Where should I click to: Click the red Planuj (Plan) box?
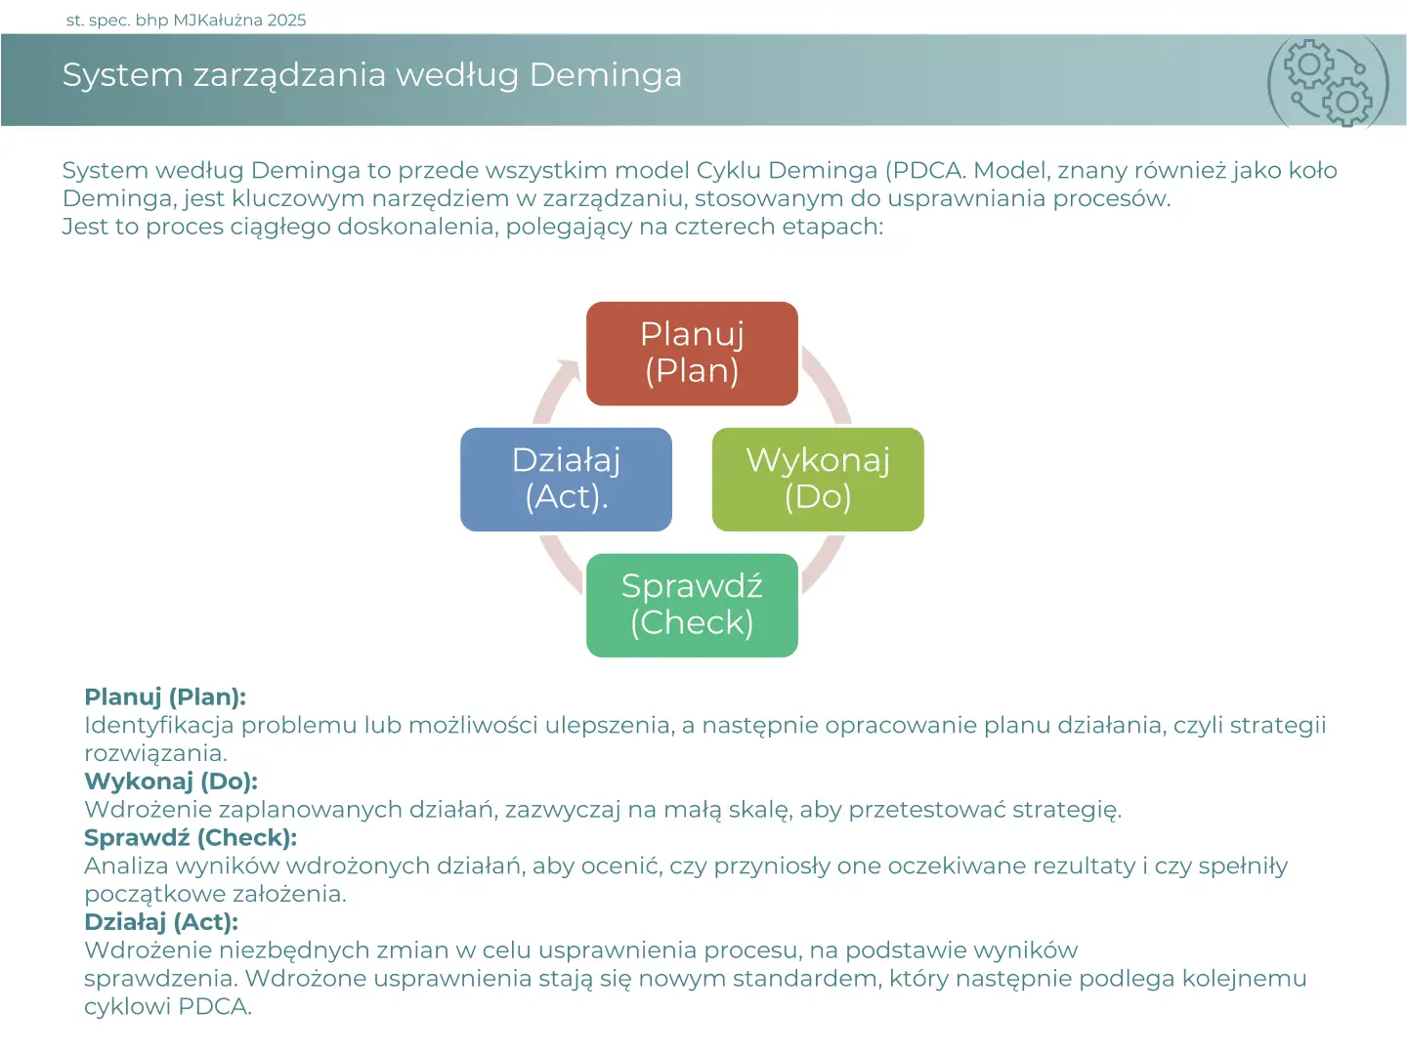click(692, 354)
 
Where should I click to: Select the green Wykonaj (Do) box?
click(818, 480)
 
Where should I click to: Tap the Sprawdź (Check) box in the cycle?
click(692, 606)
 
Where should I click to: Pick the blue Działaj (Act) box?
click(566, 480)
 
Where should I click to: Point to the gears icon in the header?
click(1328, 82)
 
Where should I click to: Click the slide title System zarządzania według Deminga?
click(372, 75)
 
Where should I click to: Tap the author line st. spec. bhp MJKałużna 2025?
click(186, 21)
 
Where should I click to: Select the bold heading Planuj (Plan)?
click(165, 697)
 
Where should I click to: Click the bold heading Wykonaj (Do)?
click(171, 781)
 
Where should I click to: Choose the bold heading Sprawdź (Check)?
click(191, 838)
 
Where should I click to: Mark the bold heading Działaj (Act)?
click(161, 922)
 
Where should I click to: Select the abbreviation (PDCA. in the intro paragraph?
click(925, 171)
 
